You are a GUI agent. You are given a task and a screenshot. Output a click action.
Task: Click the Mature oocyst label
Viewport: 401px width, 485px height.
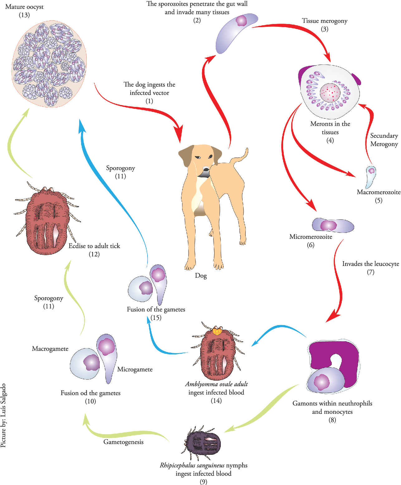click(x=24, y=7)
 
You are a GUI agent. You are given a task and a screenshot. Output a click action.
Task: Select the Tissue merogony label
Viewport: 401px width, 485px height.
click(x=325, y=21)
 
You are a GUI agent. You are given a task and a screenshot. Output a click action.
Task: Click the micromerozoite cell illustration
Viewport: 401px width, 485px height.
click(x=333, y=225)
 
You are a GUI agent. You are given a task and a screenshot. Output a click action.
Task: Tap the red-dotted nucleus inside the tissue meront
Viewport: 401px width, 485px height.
click(x=330, y=93)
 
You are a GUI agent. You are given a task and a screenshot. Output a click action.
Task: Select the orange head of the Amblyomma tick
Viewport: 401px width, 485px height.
click(x=217, y=331)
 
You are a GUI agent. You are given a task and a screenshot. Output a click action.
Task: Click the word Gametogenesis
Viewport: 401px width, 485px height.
click(x=123, y=442)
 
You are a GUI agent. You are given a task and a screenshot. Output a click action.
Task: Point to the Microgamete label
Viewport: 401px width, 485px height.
click(x=135, y=369)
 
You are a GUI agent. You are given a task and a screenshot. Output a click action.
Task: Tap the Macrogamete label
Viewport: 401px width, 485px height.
click(x=50, y=349)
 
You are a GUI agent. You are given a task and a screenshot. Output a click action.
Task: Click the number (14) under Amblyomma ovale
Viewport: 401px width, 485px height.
click(x=216, y=401)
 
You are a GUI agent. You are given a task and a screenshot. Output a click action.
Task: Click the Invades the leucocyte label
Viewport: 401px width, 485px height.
click(x=370, y=264)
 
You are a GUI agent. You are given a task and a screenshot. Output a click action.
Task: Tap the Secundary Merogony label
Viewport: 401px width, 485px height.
click(x=384, y=140)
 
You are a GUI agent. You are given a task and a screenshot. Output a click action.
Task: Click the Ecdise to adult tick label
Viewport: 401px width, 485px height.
click(x=94, y=246)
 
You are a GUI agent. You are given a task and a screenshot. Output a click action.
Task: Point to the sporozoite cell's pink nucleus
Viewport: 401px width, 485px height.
click(x=241, y=21)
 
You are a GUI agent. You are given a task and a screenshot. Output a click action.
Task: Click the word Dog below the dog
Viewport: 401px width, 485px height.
click(x=201, y=276)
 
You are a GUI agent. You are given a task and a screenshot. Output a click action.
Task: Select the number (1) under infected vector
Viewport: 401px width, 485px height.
click(x=149, y=101)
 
